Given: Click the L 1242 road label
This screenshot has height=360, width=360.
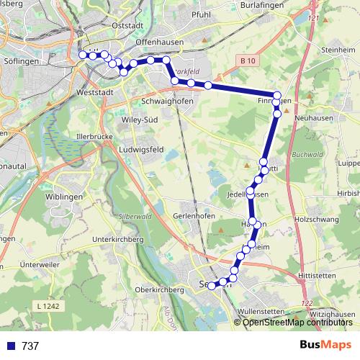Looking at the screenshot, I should [x=50, y=306].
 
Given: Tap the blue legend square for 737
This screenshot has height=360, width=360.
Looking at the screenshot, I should [x=10, y=346].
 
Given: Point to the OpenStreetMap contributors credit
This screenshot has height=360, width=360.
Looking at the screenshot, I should [x=297, y=322].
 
